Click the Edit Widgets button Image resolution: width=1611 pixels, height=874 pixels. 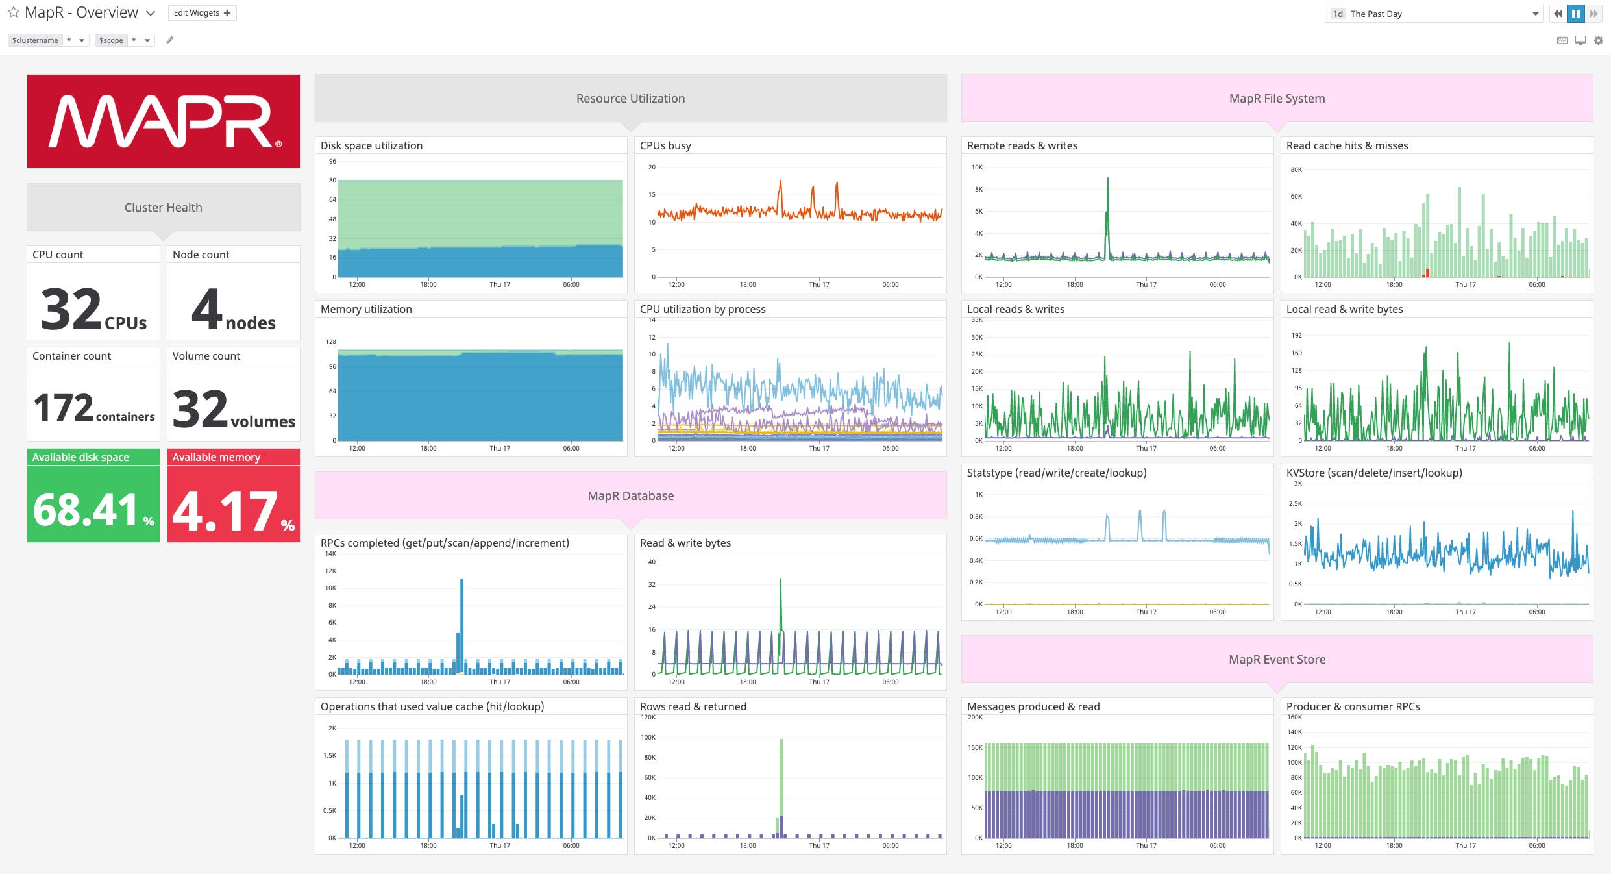(x=202, y=13)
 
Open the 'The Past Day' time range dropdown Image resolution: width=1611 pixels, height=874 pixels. (x=1433, y=14)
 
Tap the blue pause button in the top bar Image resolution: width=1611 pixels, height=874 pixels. (x=1576, y=14)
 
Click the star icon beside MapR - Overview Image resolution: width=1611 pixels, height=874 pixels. (x=13, y=13)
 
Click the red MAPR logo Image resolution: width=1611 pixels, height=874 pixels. (x=163, y=121)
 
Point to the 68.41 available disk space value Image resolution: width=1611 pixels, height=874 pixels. (x=86, y=509)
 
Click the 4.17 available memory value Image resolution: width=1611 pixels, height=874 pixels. (x=225, y=510)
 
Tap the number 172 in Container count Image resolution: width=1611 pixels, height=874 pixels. (x=64, y=408)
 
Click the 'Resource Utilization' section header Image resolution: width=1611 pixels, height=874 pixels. (x=630, y=99)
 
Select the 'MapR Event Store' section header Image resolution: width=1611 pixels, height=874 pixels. (x=1277, y=660)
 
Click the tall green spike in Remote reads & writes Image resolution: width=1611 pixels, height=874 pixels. (x=1107, y=195)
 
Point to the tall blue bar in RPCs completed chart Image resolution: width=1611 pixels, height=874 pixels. (x=461, y=617)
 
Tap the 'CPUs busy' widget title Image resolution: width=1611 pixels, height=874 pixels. (x=665, y=145)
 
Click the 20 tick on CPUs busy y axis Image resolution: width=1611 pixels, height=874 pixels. (x=652, y=168)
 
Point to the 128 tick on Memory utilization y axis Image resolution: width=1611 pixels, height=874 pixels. (x=331, y=342)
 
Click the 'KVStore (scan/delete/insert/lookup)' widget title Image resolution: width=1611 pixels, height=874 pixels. (x=1374, y=473)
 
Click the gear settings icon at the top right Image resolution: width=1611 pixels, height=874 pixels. (x=1599, y=40)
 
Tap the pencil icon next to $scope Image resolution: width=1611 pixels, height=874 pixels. (x=169, y=40)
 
